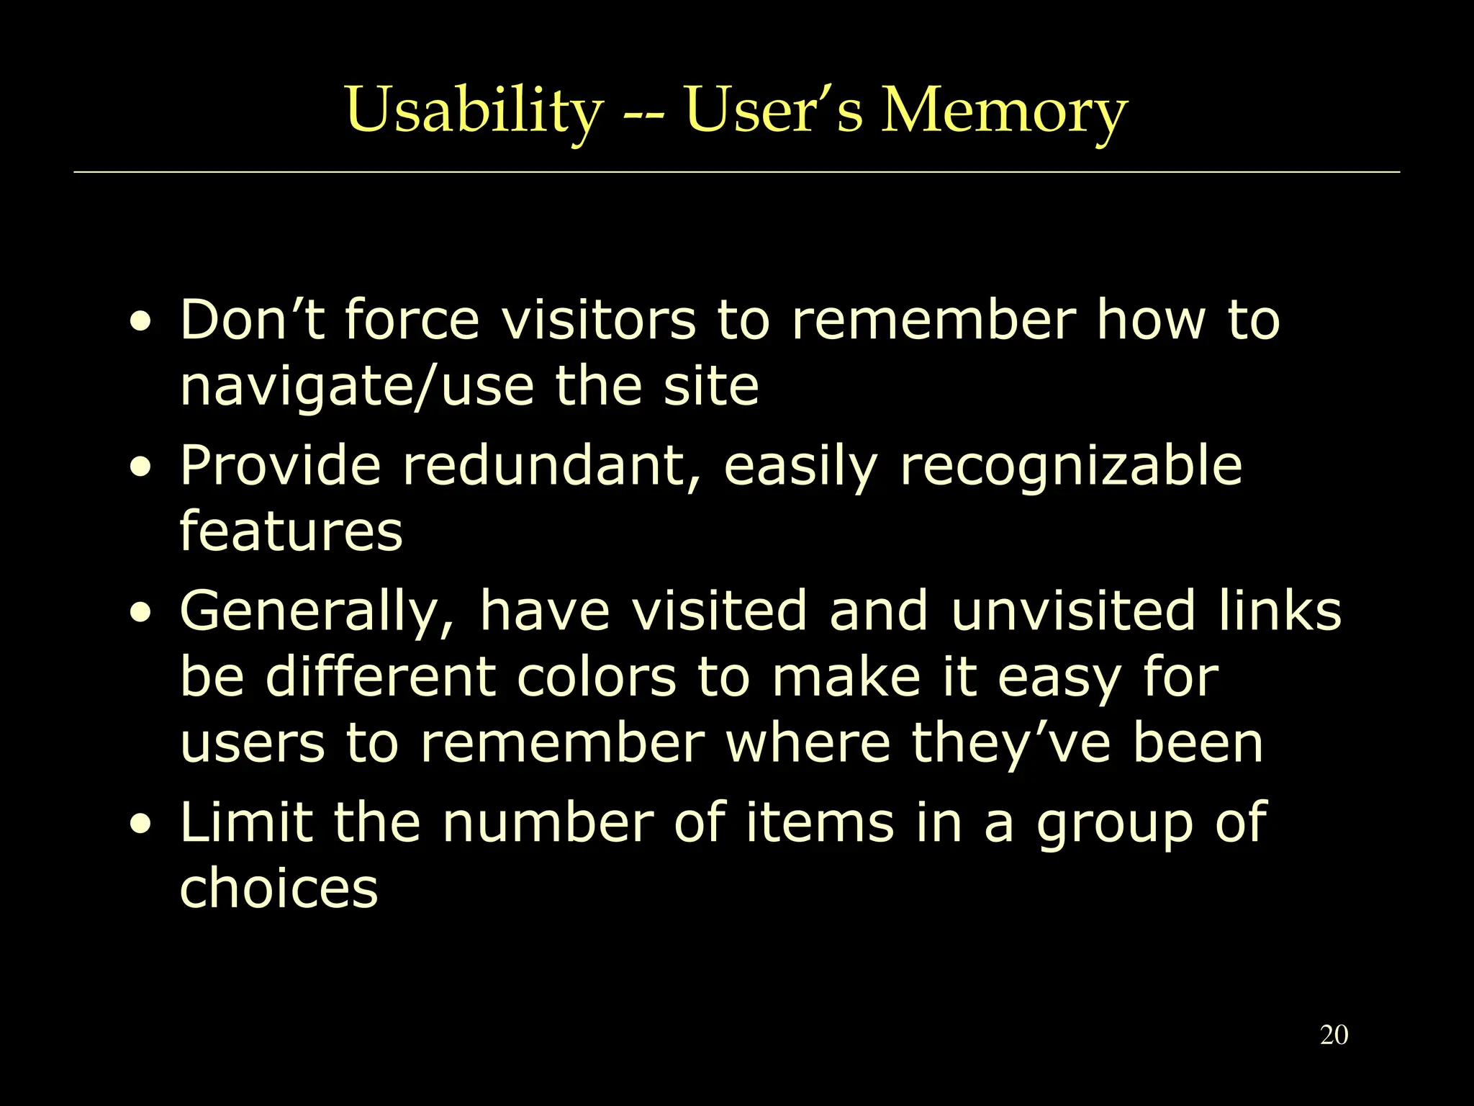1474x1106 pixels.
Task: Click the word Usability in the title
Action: coord(473,111)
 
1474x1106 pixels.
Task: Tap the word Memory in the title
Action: coord(1004,111)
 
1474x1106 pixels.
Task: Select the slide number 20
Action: coord(1334,1035)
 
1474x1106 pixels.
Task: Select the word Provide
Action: coord(280,465)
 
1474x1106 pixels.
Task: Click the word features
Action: coord(291,531)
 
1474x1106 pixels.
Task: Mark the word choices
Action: coord(279,888)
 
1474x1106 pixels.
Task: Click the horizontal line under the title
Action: coord(737,173)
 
